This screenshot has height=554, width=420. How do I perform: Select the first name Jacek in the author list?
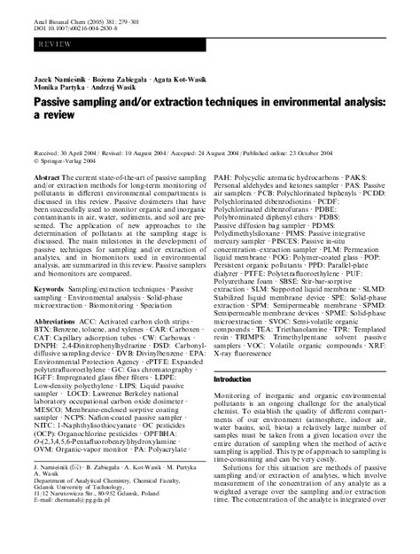pos(48,93)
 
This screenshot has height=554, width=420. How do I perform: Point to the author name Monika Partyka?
pos(62,103)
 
